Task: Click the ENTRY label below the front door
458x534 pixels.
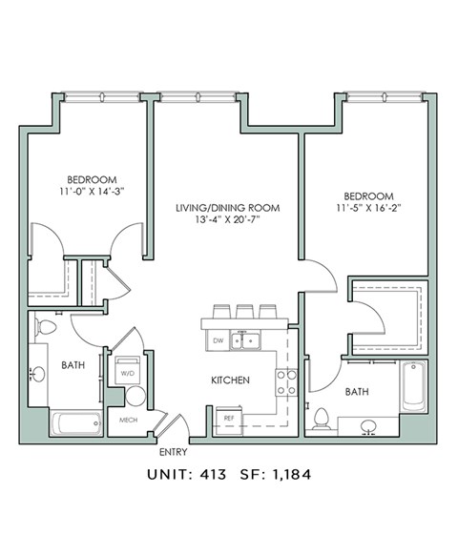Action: click(173, 452)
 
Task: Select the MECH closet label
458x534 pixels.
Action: click(129, 420)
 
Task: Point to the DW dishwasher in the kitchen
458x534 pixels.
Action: click(219, 340)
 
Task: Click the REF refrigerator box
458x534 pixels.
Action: click(230, 418)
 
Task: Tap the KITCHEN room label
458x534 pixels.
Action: click(230, 380)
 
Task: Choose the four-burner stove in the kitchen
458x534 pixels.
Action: click(286, 382)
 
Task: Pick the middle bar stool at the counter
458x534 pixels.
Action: click(244, 312)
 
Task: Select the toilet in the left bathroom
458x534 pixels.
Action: click(45, 328)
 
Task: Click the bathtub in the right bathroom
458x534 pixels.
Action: click(412, 385)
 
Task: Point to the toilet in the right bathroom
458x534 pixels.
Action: click(323, 419)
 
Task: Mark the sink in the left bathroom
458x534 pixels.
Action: click(38, 373)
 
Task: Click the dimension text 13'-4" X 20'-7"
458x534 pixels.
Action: click(225, 220)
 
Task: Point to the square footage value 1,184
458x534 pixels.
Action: click(289, 473)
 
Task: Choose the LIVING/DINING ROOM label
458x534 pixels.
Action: click(225, 207)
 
